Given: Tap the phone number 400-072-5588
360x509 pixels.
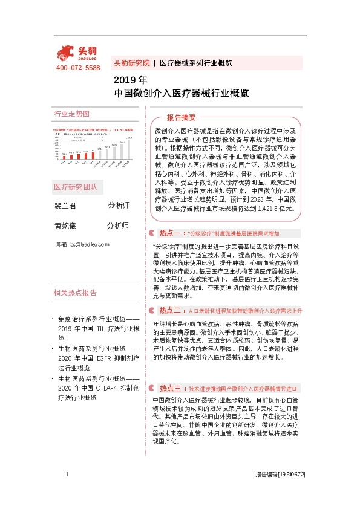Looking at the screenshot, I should pos(78,68).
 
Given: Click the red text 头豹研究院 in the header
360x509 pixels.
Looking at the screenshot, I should pos(131,63).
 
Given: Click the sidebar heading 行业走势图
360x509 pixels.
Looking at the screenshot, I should pos(71,114).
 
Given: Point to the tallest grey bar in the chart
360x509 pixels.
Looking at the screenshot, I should pos(128,152).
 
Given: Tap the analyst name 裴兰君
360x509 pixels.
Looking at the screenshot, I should pos(66,206).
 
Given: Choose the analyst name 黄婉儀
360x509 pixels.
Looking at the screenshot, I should pos(66,225).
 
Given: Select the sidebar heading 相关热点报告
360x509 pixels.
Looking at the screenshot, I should pos(75,293).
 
